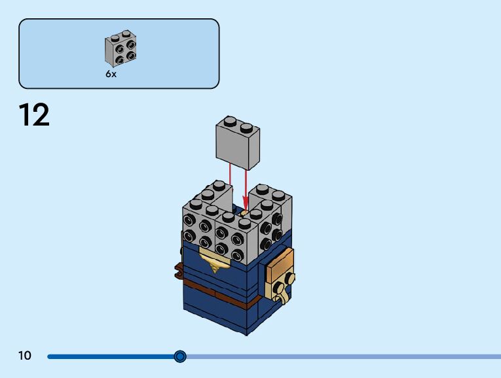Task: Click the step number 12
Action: click(x=34, y=116)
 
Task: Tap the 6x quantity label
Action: click(x=111, y=75)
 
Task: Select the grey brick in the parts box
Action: click(x=121, y=49)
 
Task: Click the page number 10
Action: click(x=25, y=356)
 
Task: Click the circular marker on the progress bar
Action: click(x=180, y=356)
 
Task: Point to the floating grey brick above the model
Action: click(x=238, y=144)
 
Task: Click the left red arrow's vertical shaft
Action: click(x=230, y=180)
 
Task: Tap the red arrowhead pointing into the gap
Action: click(x=246, y=205)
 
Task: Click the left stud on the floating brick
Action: click(x=230, y=122)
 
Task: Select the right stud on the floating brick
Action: click(x=246, y=126)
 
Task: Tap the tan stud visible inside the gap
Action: click(x=245, y=211)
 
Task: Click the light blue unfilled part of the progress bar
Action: click(x=341, y=356)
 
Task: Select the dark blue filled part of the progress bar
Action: click(x=111, y=356)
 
